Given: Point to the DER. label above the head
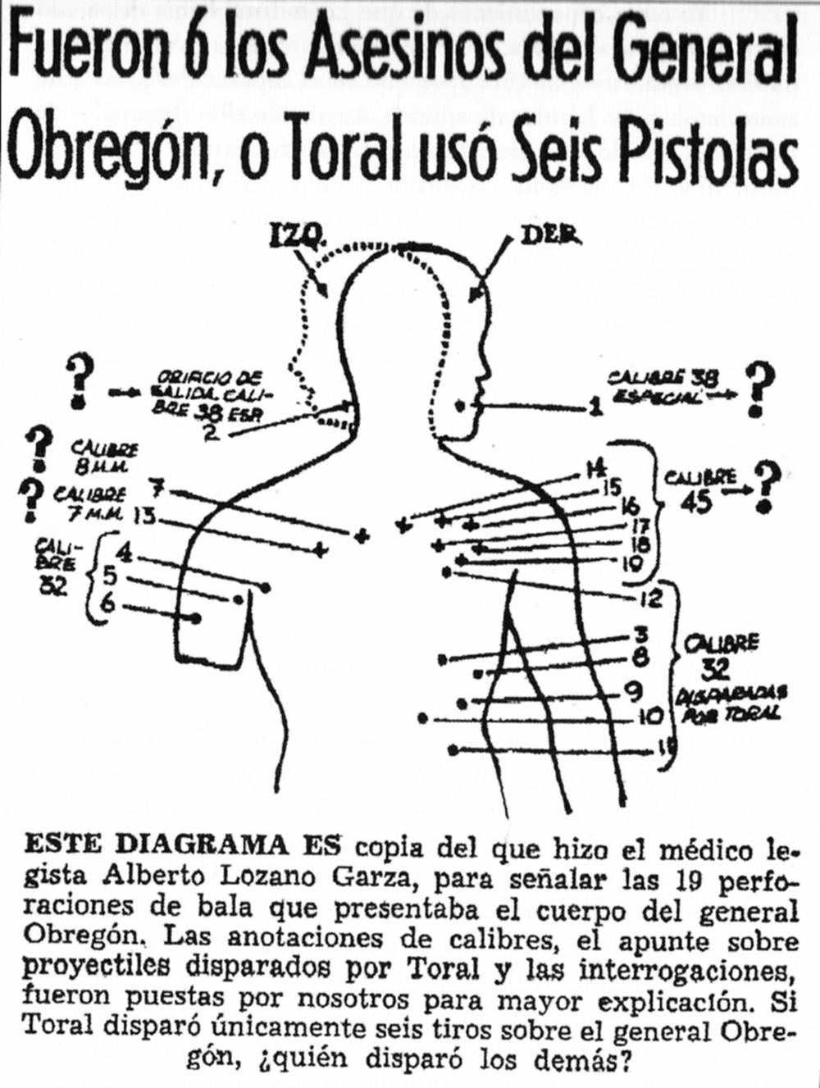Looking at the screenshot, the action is click(x=549, y=238).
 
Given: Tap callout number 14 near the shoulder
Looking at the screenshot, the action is click(x=594, y=470).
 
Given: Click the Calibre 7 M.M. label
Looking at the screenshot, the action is click(x=89, y=504).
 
